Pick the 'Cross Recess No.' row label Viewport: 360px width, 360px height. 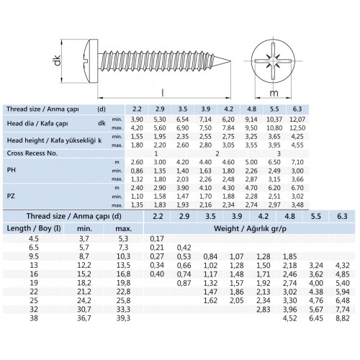click(34, 153)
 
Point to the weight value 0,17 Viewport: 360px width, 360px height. click(156, 238)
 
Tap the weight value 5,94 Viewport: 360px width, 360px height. click(341, 292)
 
